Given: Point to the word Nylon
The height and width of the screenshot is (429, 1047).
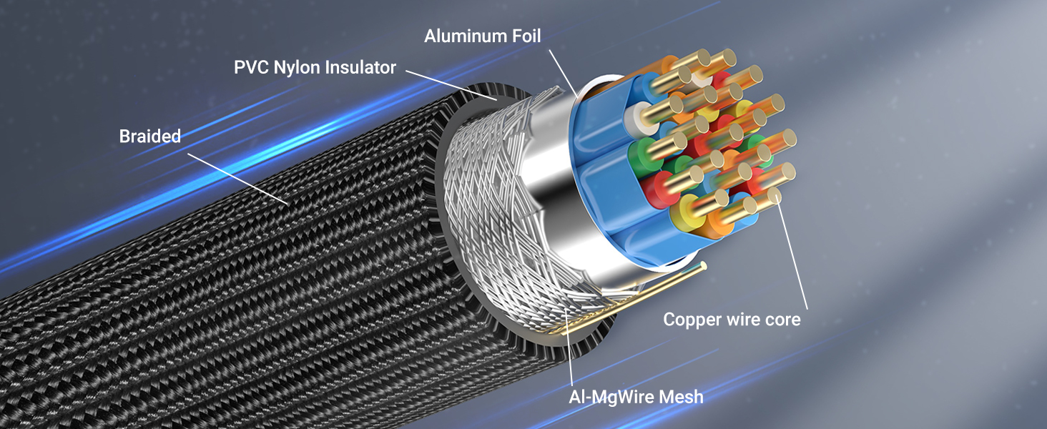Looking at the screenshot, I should pos(298,68).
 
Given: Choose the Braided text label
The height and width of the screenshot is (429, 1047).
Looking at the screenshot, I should pos(150,136).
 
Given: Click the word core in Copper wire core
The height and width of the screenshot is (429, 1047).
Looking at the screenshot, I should pos(782,319).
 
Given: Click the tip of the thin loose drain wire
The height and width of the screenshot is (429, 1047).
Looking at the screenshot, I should pos(704,265).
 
